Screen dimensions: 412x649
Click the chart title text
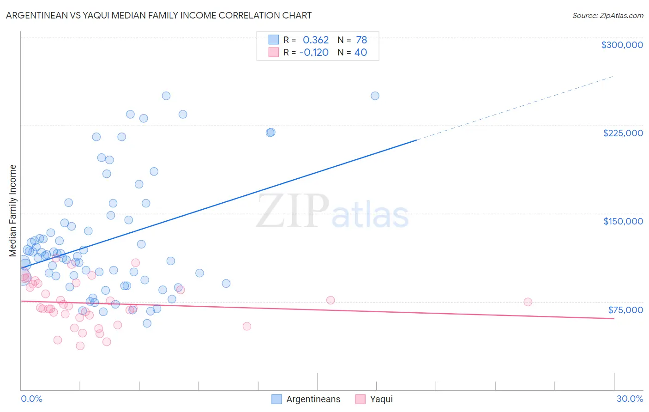(x=159, y=15)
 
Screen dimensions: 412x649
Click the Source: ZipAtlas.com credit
(x=607, y=15)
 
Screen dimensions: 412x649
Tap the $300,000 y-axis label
(x=622, y=45)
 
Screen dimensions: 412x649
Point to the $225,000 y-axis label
(x=623, y=133)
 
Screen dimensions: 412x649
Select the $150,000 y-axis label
(x=623, y=221)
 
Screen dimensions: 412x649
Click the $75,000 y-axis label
(x=625, y=310)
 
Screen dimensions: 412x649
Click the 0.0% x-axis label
(x=31, y=399)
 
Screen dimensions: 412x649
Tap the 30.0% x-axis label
(x=630, y=399)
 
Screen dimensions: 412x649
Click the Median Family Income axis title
(x=12, y=211)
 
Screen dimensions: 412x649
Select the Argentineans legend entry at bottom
(x=313, y=399)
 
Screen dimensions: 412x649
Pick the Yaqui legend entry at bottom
(x=381, y=399)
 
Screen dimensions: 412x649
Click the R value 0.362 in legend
(x=316, y=40)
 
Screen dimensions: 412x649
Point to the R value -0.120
(x=314, y=53)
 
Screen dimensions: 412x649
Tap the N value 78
(x=361, y=40)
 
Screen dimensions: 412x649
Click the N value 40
(x=361, y=53)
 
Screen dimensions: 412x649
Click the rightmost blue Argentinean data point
(x=375, y=96)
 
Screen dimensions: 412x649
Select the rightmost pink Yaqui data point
(x=528, y=302)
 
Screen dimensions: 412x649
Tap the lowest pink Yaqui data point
(x=80, y=346)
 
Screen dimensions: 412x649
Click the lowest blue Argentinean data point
(x=147, y=323)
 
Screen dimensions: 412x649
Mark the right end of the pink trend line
(x=614, y=319)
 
